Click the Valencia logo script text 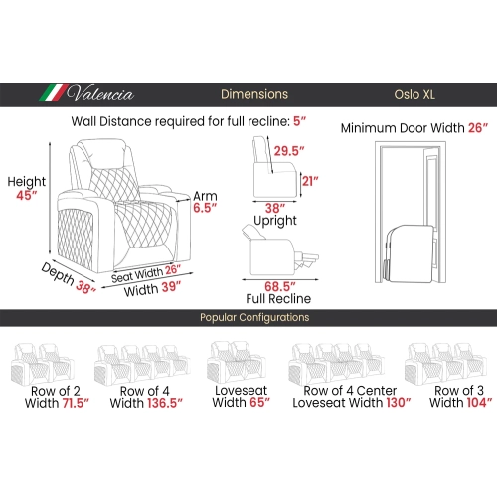(100, 93)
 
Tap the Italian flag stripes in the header (53, 92)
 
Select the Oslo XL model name (414, 95)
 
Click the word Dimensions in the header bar (254, 94)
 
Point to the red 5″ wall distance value (299, 121)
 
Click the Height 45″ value (27, 195)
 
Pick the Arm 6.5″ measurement (205, 208)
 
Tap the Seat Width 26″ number (173, 269)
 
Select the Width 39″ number (171, 287)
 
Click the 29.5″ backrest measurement (289, 151)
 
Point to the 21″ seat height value (310, 181)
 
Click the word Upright (275, 221)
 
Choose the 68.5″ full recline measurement (280, 287)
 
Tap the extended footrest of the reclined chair (307, 258)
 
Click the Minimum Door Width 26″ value (478, 128)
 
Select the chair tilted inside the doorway (410, 253)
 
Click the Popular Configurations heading (254, 317)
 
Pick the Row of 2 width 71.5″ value (76, 403)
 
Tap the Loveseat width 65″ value (260, 402)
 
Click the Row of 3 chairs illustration (445, 364)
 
